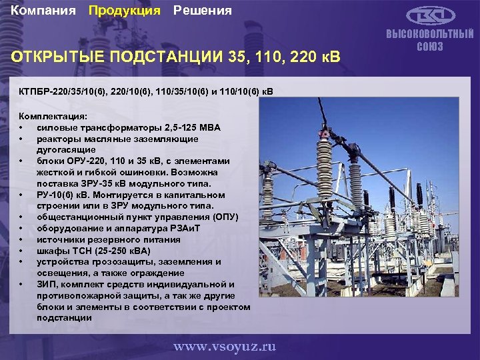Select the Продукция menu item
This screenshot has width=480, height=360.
[x=125, y=11]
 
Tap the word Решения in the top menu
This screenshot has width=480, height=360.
[x=203, y=11]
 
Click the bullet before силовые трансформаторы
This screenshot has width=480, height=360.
[x=22, y=127]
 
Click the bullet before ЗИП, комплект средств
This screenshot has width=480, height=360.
[x=22, y=285]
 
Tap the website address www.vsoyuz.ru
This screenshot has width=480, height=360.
[x=224, y=347]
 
